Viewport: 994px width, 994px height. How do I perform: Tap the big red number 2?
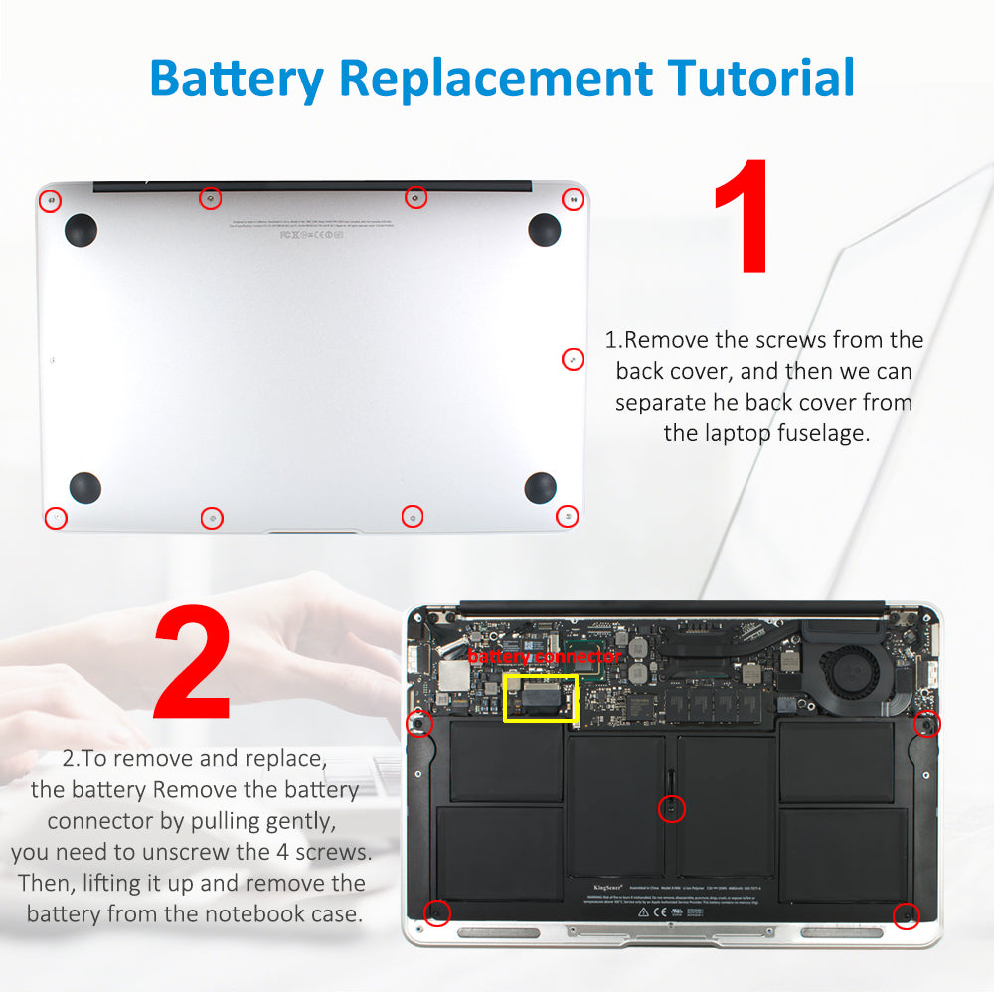[x=191, y=664]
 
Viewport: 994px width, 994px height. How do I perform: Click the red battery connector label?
[x=545, y=657]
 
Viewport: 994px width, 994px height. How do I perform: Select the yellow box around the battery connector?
[x=541, y=698]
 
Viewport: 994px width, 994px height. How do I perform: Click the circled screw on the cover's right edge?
[x=573, y=359]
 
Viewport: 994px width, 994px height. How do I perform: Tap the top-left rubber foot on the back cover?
[x=81, y=230]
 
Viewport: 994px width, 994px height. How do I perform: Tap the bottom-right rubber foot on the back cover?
[x=540, y=487]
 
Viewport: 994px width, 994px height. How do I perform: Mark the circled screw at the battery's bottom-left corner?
[x=434, y=911]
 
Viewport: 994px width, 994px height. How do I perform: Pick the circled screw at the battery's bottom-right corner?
[x=906, y=915]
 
